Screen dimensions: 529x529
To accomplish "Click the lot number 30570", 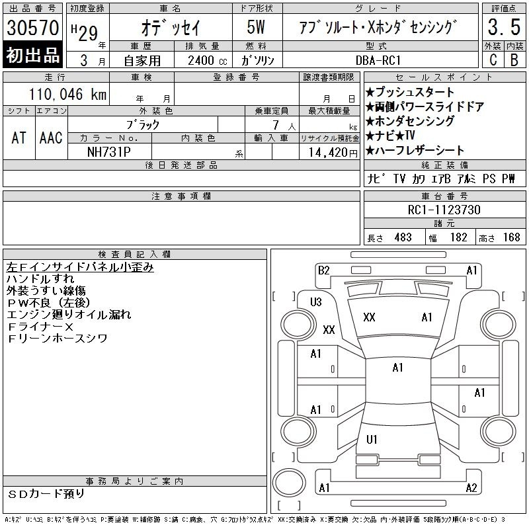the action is point(32,28).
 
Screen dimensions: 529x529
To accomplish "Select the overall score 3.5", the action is point(504,27).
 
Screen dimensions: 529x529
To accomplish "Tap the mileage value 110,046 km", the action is point(67,94).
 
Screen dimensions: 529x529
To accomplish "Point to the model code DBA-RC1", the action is point(378,60).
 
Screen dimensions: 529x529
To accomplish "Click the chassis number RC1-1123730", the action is point(444,210).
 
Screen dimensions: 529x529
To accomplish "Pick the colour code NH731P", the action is point(109,152).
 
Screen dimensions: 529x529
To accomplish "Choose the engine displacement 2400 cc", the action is point(208,61).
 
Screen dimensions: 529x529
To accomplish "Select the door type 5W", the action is point(256,27).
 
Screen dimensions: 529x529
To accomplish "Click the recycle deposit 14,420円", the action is point(333,153).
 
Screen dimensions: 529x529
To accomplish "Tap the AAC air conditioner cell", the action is point(51,138).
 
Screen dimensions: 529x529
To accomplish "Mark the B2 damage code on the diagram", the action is point(323,270).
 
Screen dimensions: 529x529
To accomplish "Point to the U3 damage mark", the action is point(316,302).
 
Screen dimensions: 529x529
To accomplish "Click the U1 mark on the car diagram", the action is point(372,439).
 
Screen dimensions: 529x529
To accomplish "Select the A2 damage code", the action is point(471,488).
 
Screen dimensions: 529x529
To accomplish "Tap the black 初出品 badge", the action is point(32,55).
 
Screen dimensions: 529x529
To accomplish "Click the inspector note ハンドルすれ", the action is point(40,279).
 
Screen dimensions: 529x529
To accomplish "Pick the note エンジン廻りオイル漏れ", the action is point(69,315).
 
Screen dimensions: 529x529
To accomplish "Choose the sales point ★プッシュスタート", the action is point(410,92).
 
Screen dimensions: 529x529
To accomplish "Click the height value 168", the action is point(511,237).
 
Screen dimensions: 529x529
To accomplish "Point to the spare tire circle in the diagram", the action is point(289,483).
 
